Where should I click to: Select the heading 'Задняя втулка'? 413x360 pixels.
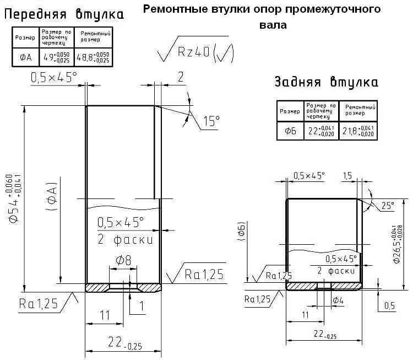(327, 83)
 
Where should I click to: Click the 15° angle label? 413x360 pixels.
(210, 121)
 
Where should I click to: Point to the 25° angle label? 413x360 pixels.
(388, 206)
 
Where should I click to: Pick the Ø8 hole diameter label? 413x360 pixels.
(122, 260)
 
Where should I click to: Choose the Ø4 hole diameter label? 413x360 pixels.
(339, 299)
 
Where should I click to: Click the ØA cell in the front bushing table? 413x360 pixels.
(25, 56)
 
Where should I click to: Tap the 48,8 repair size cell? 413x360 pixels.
(93, 56)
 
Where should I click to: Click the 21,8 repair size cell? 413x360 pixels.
(358, 131)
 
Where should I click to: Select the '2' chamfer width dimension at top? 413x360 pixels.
(180, 77)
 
